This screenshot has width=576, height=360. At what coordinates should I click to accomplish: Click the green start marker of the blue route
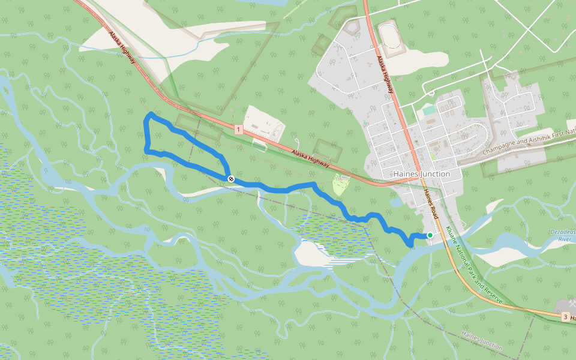pos(430,235)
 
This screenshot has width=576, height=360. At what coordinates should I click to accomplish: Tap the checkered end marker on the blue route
pos(230,179)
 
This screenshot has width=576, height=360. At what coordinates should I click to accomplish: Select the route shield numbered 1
pos(238,130)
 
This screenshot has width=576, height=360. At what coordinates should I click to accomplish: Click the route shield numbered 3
pos(565,316)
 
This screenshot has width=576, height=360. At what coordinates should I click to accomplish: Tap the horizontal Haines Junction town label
pos(422,174)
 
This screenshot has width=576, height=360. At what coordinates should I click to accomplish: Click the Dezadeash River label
pos(563,235)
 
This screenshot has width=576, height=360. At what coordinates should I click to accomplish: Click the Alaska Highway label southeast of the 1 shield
pos(311,158)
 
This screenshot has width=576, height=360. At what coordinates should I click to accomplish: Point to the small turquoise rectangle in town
pos(428,111)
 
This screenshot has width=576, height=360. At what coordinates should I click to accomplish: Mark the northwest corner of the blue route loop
pos(150,113)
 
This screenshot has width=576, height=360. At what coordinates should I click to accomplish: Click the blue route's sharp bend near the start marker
pos(410,245)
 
